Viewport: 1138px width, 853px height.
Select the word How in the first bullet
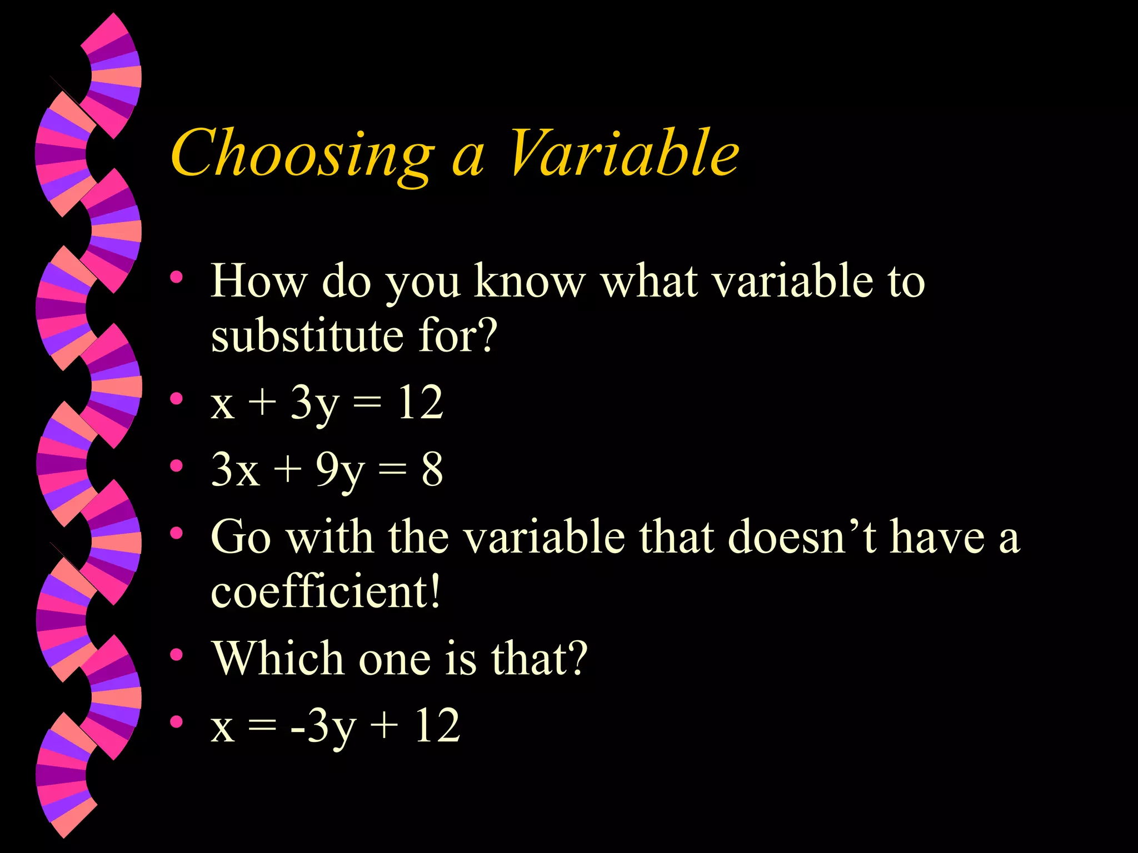coord(258,281)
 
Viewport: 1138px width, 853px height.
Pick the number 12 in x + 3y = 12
coord(420,403)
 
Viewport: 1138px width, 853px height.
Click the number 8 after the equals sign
coord(432,470)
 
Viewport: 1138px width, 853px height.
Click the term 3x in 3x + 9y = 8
coord(235,470)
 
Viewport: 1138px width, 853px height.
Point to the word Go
coord(241,538)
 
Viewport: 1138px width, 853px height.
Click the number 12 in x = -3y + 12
coord(437,725)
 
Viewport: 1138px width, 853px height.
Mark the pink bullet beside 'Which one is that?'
coord(177,655)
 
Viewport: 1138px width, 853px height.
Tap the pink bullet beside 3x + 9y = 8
coord(177,466)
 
